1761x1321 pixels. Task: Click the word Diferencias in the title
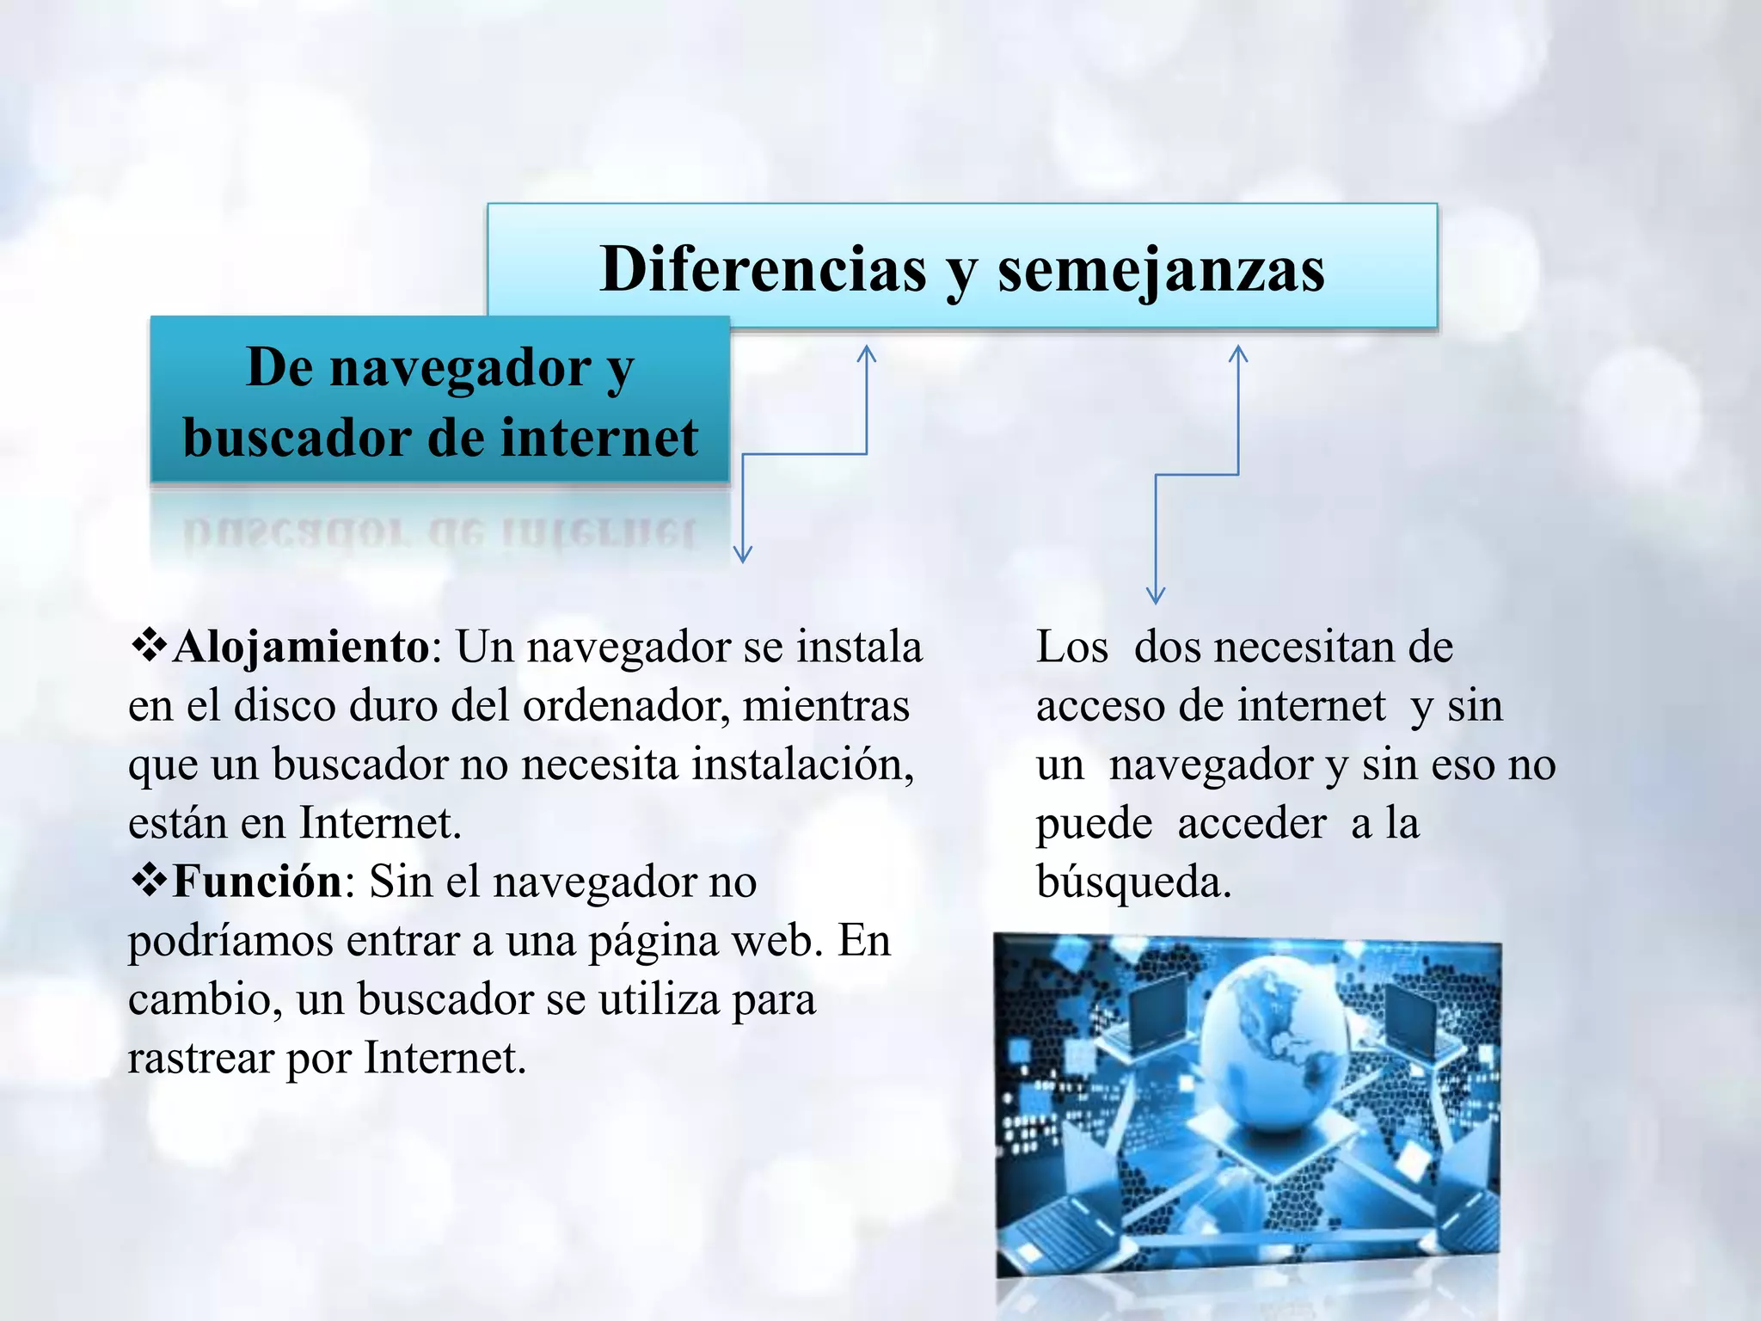[763, 269]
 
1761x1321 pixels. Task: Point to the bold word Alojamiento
[300, 647]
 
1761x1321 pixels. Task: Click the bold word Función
[257, 882]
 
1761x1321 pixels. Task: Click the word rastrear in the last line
[200, 1058]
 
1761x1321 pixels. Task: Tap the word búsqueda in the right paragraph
[1133, 882]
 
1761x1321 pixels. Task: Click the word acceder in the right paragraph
[1252, 824]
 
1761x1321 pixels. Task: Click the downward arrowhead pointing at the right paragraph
[1156, 594]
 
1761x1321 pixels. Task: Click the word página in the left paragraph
[654, 941]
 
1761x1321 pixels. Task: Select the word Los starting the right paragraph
[1071, 648]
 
